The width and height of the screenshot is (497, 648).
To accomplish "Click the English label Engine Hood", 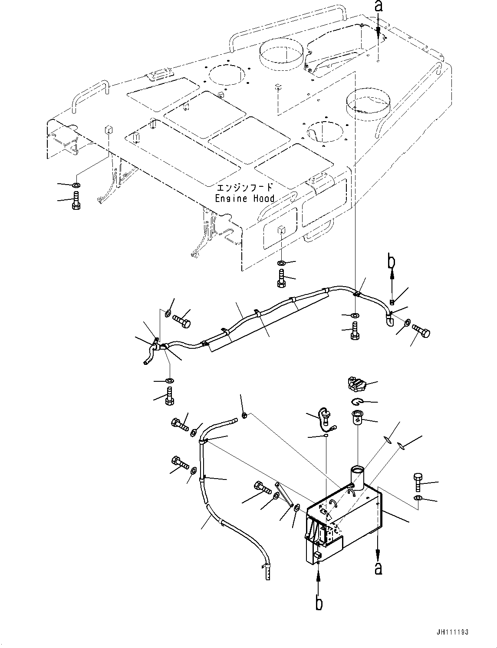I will click(x=245, y=198).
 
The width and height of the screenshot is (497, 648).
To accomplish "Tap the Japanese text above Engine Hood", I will click(x=245, y=188).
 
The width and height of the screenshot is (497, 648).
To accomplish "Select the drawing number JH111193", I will click(x=453, y=632).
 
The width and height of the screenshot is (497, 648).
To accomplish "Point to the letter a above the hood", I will click(x=379, y=7).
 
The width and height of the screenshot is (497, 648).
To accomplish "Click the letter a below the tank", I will click(x=379, y=568).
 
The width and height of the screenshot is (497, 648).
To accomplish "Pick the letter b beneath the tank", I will click(x=319, y=603).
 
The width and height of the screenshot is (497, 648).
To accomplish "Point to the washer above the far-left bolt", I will click(x=76, y=186).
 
